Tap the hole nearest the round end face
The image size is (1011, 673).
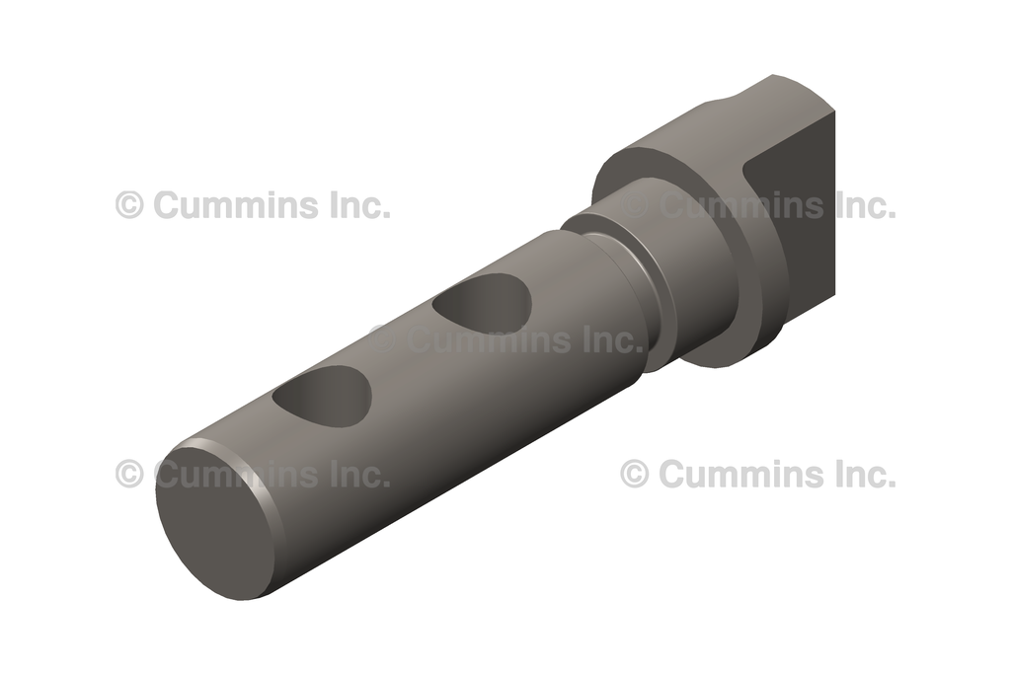coord(323,398)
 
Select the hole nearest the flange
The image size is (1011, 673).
coord(484,305)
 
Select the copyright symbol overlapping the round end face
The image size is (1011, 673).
coord(129,474)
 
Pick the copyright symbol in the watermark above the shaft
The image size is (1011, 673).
coord(129,205)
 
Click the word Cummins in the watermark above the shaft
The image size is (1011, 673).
coord(237,205)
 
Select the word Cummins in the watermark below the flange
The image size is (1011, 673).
coord(739,475)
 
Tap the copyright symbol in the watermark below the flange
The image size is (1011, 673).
coord(634,474)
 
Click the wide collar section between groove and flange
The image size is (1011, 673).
coord(691,266)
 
